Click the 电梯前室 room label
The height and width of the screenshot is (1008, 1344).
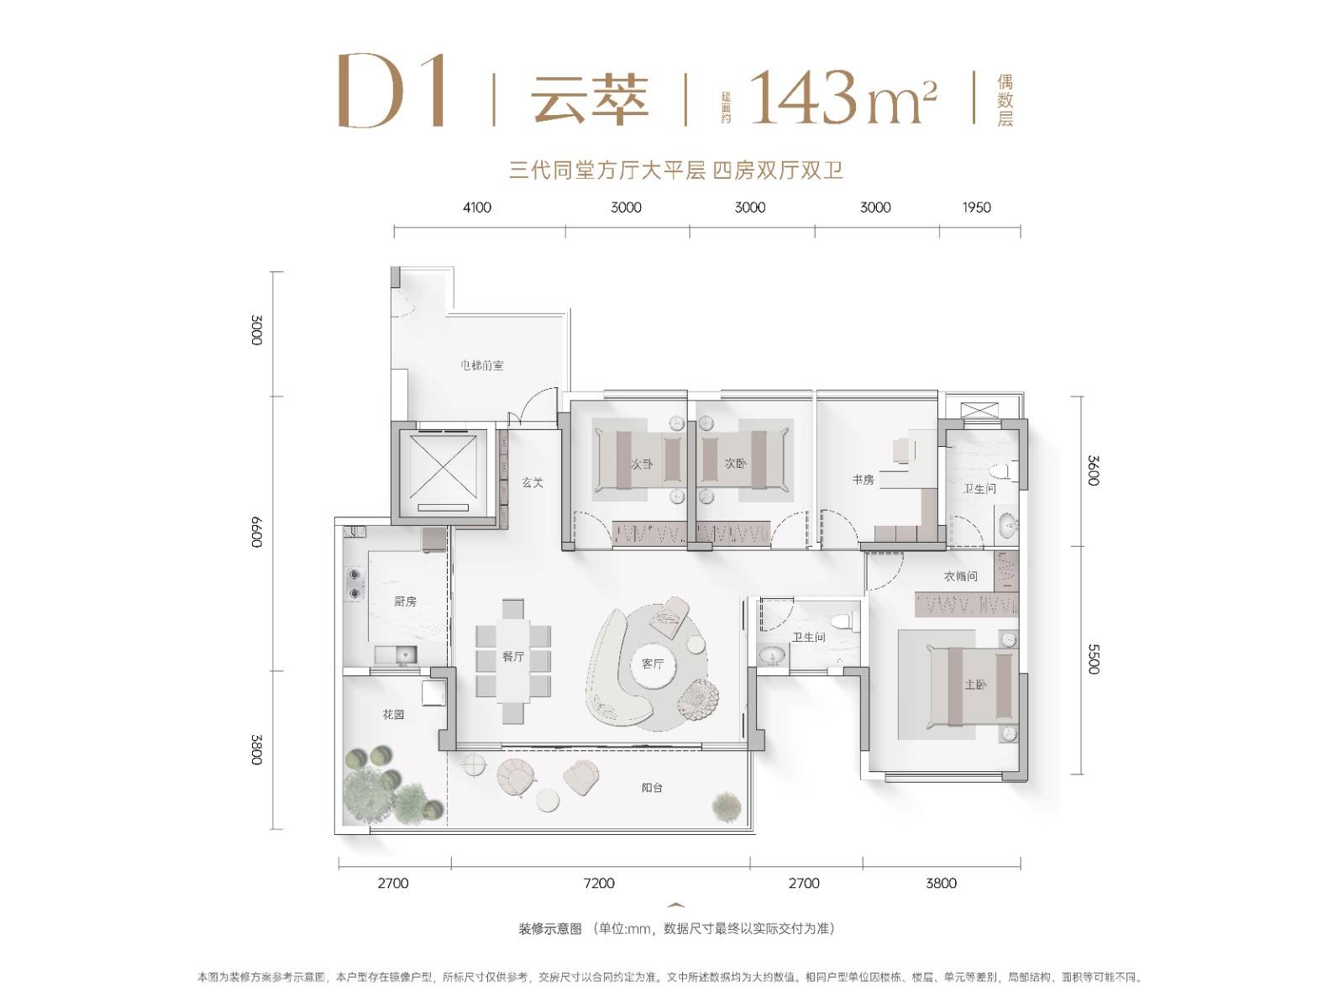[x=481, y=365]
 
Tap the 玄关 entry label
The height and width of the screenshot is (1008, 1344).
[x=532, y=482]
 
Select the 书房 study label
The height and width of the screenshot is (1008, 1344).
[x=862, y=480]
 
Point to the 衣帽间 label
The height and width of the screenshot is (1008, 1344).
[x=960, y=576]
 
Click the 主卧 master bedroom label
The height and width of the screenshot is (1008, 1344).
[x=975, y=685]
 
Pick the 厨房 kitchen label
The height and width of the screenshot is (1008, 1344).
[x=405, y=601]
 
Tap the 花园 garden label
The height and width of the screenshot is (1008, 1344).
[x=393, y=714]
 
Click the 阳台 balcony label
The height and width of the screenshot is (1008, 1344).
[x=652, y=788]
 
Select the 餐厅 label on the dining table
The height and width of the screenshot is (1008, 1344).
[x=513, y=657]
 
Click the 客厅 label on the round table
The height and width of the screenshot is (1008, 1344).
[x=653, y=664]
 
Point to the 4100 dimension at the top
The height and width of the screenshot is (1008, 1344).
[x=477, y=207]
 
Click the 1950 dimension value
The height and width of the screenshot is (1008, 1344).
[x=976, y=207]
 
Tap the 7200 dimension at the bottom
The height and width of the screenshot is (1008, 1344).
[x=599, y=883]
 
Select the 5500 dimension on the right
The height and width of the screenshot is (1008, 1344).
[x=1094, y=659]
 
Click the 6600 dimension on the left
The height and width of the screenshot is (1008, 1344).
[x=256, y=533]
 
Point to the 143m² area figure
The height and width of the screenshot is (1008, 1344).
[x=843, y=97]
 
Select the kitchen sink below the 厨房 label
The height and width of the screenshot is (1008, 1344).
[x=396, y=655]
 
